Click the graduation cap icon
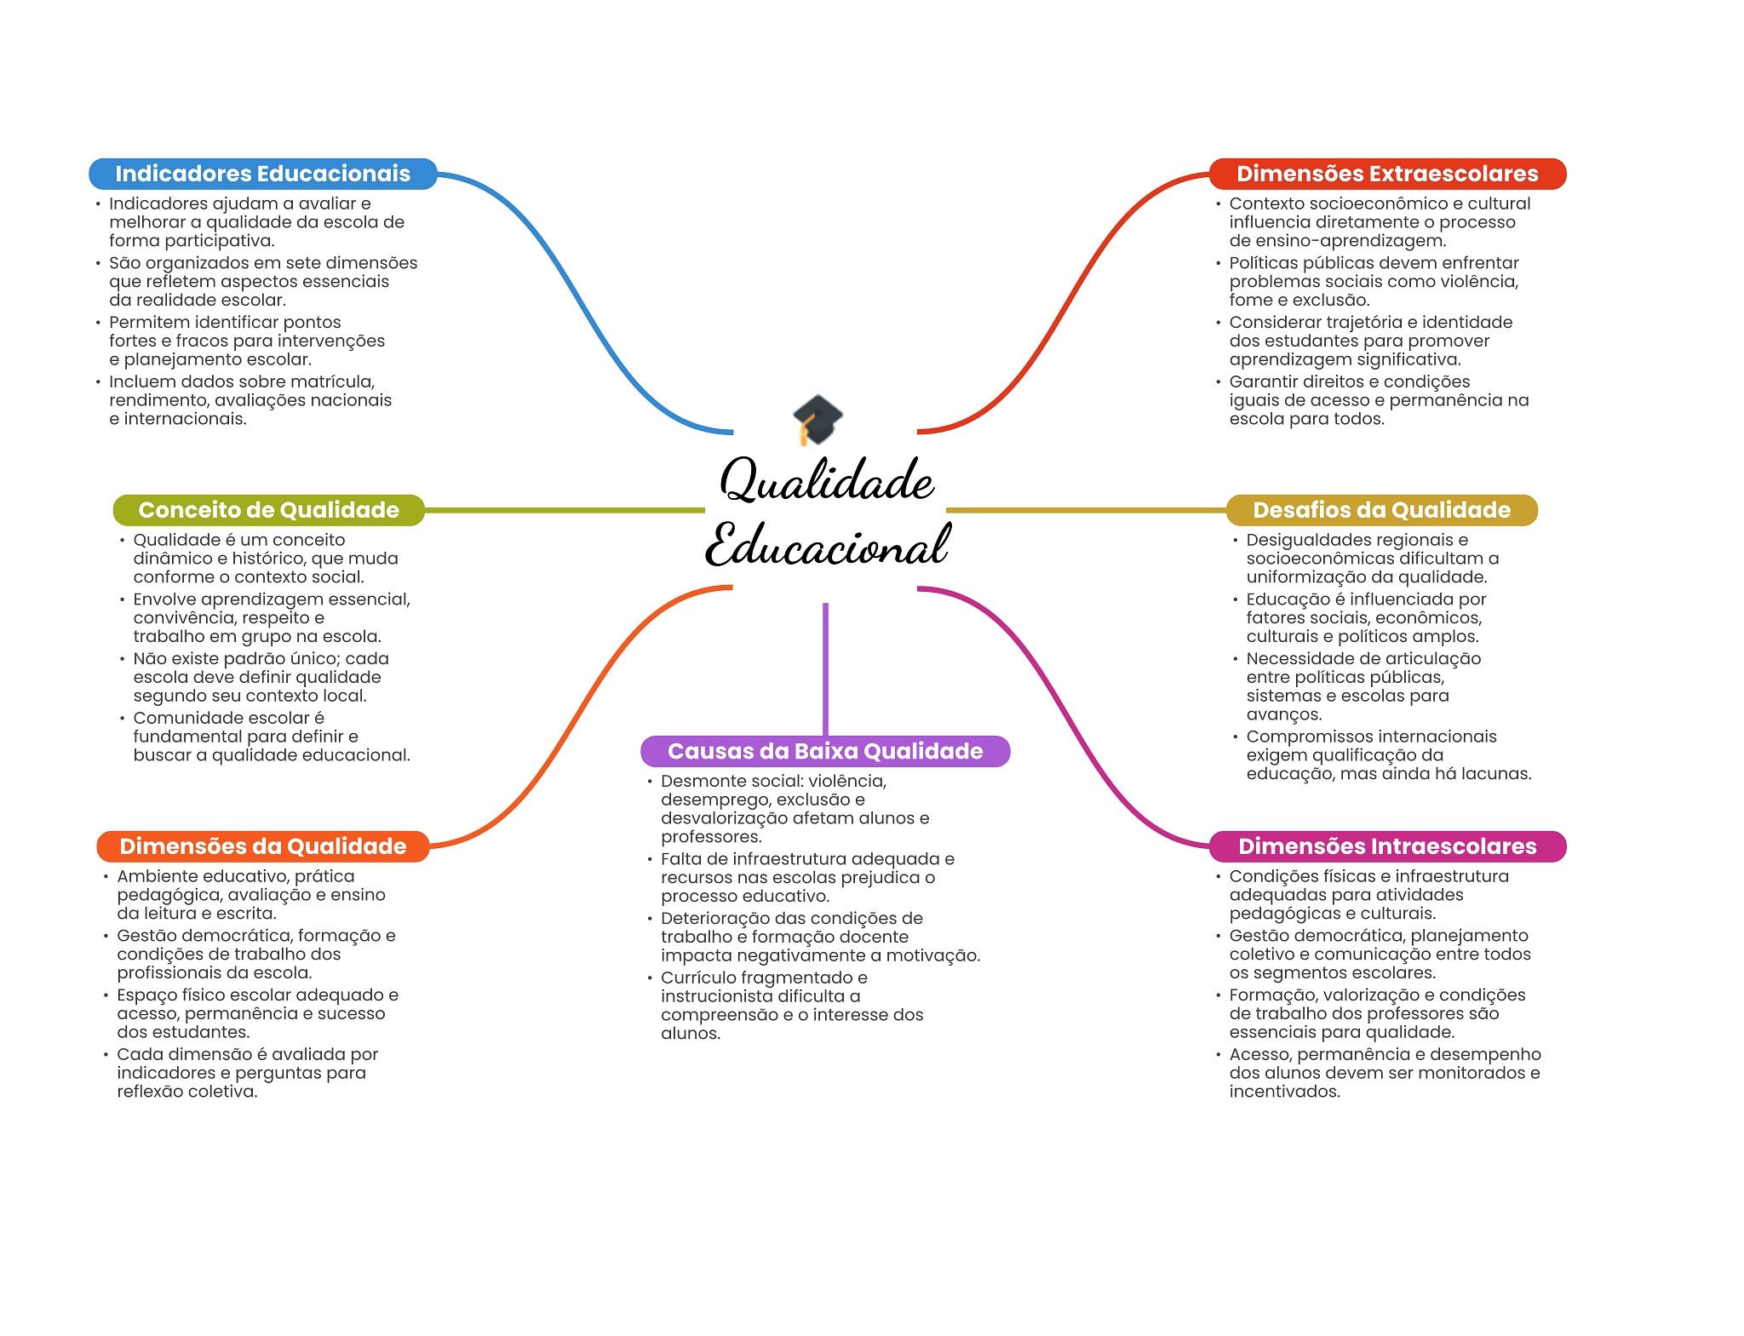817,419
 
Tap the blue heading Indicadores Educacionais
263,174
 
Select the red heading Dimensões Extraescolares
1387,174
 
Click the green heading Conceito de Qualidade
269,510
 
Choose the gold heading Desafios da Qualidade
1382,510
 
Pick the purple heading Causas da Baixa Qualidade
825,751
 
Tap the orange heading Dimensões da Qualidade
263,846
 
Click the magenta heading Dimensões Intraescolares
1387,846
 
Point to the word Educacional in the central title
827,545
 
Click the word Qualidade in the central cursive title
827,479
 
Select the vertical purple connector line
825,669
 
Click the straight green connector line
565,510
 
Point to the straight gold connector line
1086,510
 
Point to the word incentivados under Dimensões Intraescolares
1285,1092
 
